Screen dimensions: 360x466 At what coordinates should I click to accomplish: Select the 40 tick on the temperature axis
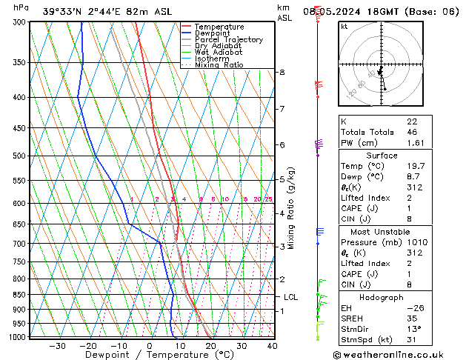tap(272, 346)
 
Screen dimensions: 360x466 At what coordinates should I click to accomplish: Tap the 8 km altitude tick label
tap(282, 72)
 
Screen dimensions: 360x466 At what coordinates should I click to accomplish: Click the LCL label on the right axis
tap(291, 297)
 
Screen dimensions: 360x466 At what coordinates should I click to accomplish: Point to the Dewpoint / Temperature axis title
tap(149, 355)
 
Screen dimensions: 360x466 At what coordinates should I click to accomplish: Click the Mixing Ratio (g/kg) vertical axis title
tap(291, 208)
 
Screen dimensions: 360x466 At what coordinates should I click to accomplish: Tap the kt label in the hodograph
tap(344, 26)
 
